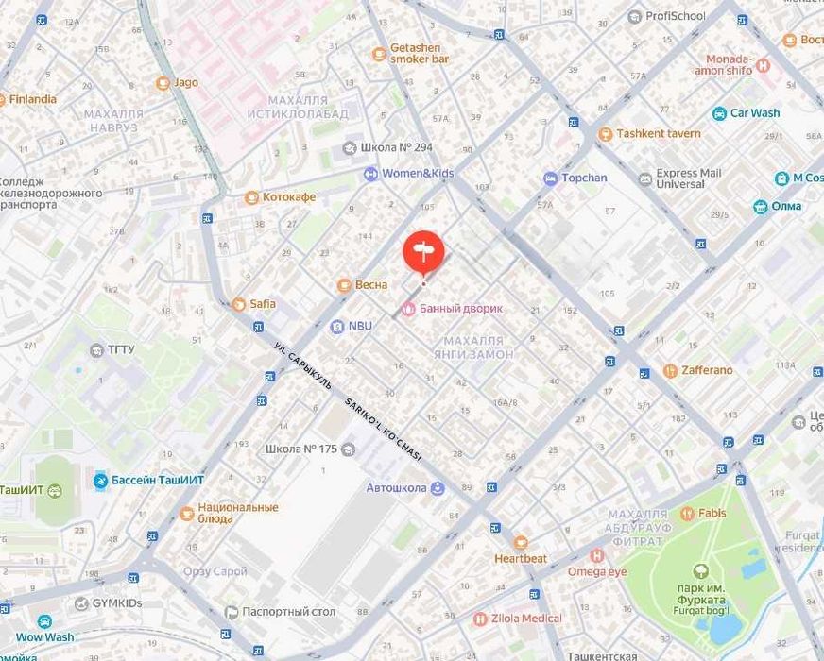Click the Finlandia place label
click(x=33, y=99)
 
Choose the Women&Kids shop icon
click(x=371, y=174)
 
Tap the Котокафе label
click(x=288, y=197)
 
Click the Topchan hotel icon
click(x=550, y=178)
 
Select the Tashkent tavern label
click(x=659, y=134)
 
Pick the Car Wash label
click(x=754, y=113)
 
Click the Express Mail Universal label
click(x=688, y=178)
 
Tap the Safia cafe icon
click(x=238, y=304)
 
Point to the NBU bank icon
click(x=336, y=326)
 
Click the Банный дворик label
click(x=460, y=308)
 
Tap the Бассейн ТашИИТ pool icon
click(x=100, y=481)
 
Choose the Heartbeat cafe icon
click(x=521, y=543)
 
